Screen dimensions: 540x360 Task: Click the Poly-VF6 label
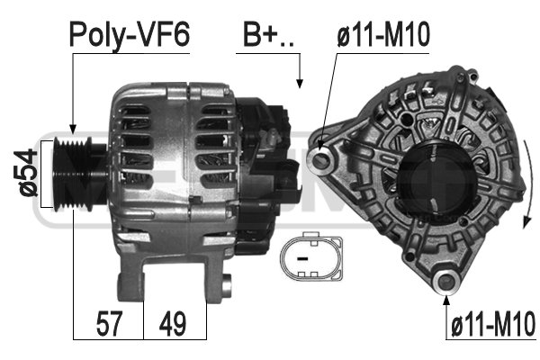130,35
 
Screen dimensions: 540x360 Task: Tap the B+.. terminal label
268,35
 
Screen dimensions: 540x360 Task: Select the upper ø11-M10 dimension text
383,34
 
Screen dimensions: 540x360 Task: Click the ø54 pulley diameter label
25,173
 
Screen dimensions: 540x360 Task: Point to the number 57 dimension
109,323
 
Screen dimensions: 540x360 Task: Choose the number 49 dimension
173,323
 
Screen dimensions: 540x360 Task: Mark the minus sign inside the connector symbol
302,258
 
